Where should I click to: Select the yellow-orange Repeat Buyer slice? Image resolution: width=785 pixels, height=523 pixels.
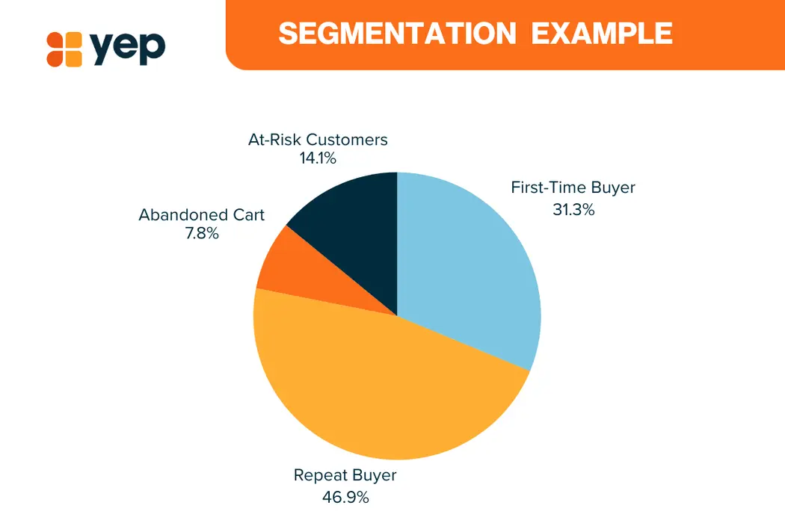coord(381,390)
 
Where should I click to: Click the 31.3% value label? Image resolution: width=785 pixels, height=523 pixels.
coord(573,209)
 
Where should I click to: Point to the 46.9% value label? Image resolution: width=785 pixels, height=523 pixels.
coord(345,497)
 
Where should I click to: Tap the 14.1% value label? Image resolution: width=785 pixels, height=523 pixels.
coord(318,158)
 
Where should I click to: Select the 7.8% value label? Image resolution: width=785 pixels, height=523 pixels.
coord(202,233)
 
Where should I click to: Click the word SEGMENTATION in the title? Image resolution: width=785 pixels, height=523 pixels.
coord(397,34)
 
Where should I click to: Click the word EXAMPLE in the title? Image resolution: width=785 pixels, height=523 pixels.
coord(602,34)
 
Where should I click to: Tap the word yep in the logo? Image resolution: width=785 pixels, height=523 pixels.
coord(128,48)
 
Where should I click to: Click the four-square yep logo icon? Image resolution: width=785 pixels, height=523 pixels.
coord(64,49)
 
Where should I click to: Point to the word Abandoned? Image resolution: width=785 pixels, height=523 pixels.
coord(181,214)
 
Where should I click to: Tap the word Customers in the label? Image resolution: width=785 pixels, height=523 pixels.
coord(347,140)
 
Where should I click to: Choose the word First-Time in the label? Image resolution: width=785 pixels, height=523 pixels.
coord(548,188)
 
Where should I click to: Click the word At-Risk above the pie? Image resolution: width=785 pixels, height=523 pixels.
coord(274,140)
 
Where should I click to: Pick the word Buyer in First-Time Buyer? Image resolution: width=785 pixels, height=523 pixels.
coord(613,188)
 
